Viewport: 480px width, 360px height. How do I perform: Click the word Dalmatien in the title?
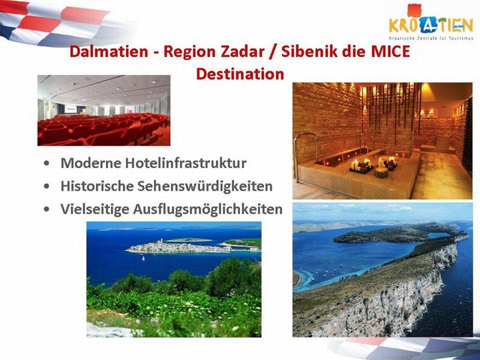109,51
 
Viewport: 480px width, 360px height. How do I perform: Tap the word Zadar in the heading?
243,51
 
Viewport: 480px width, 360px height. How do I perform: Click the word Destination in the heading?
240,74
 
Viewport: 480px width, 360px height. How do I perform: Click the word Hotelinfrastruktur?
186,163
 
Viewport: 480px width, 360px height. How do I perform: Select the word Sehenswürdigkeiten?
205,186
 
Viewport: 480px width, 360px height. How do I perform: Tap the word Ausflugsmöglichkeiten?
207,209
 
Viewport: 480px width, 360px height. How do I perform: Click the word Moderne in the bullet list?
91,163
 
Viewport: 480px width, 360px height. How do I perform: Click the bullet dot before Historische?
47,186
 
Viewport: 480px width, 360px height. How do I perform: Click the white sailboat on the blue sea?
143,258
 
